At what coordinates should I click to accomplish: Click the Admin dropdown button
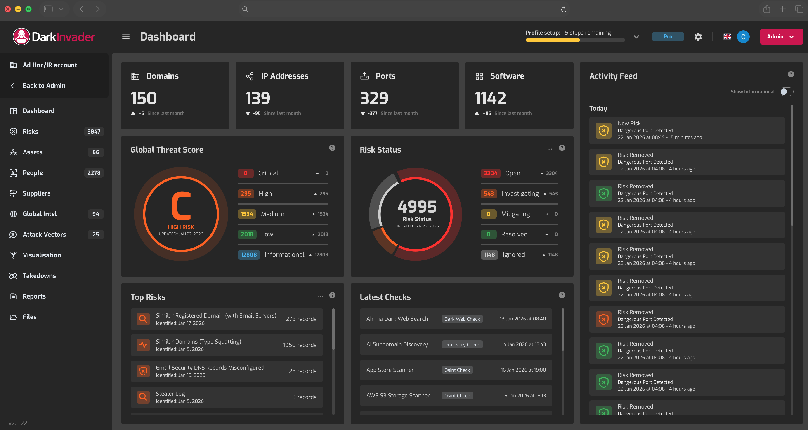tap(781, 37)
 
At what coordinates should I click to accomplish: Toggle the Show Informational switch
tap(786, 91)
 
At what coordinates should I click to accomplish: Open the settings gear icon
tap(698, 37)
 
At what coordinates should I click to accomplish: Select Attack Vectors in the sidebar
tap(44, 234)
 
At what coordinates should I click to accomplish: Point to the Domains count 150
tap(144, 98)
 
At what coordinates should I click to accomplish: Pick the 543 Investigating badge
tap(488, 193)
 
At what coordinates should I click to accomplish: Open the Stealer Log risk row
tap(227, 397)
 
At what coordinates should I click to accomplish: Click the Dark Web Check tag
tap(462, 319)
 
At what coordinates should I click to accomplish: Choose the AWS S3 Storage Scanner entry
tap(398, 395)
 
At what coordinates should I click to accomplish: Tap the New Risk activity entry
tap(687, 130)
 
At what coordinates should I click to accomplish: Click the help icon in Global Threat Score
tap(332, 148)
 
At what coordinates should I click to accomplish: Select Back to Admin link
tap(44, 86)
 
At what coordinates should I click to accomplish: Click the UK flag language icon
tap(727, 37)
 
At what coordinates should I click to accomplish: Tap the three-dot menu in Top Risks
tap(320, 296)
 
